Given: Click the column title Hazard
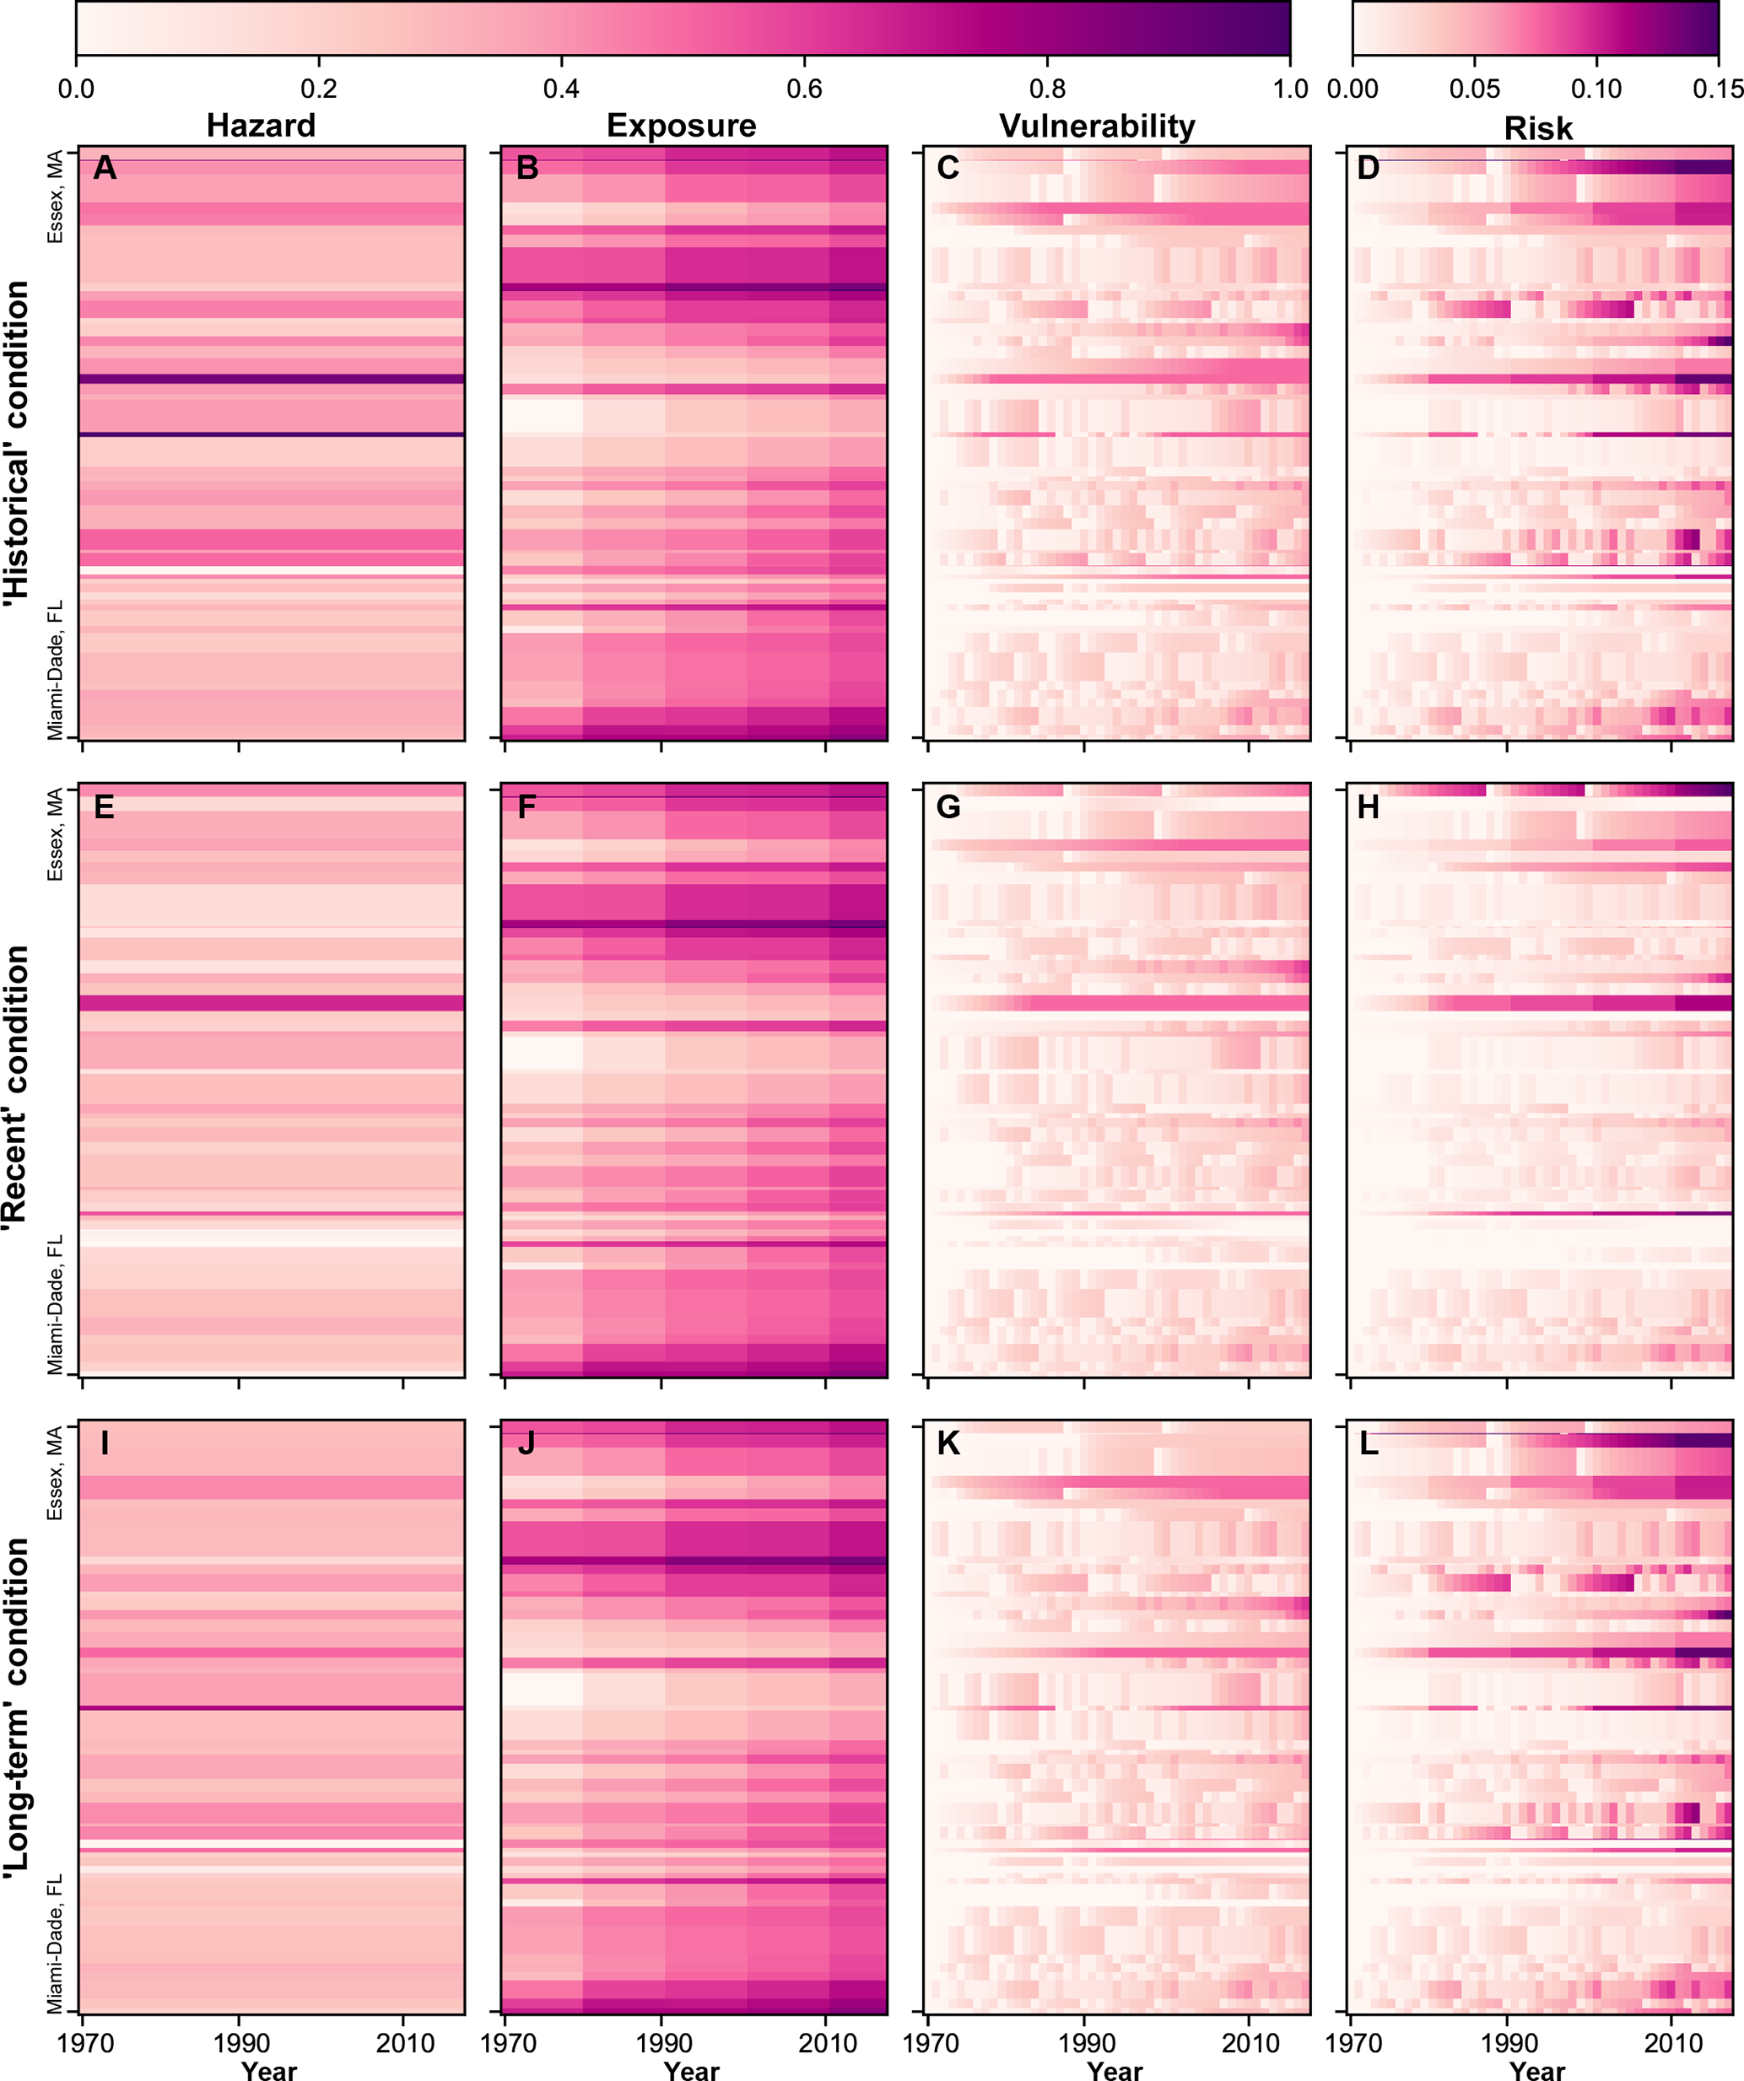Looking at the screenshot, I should click(261, 126).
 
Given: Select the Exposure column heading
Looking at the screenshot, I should click(681, 126).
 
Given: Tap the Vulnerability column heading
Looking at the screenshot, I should click(1097, 126).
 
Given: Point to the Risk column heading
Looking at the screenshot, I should click(1538, 128).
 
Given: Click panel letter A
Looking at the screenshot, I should click(104, 169).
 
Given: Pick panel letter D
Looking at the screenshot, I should click(1369, 169).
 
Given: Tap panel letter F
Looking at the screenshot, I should click(526, 807).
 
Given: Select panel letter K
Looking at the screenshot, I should click(948, 1444).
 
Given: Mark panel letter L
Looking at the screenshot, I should click(1369, 1444).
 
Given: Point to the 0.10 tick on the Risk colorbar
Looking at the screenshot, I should click(1596, 89).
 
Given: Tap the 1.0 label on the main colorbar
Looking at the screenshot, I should click(1290, 89).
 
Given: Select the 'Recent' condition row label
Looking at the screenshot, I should click(17, 1088).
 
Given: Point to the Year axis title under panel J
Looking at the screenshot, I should click(692, 2069).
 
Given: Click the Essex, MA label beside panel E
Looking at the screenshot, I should click(56, 833).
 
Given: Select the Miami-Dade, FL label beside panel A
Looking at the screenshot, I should click(56, 670).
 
